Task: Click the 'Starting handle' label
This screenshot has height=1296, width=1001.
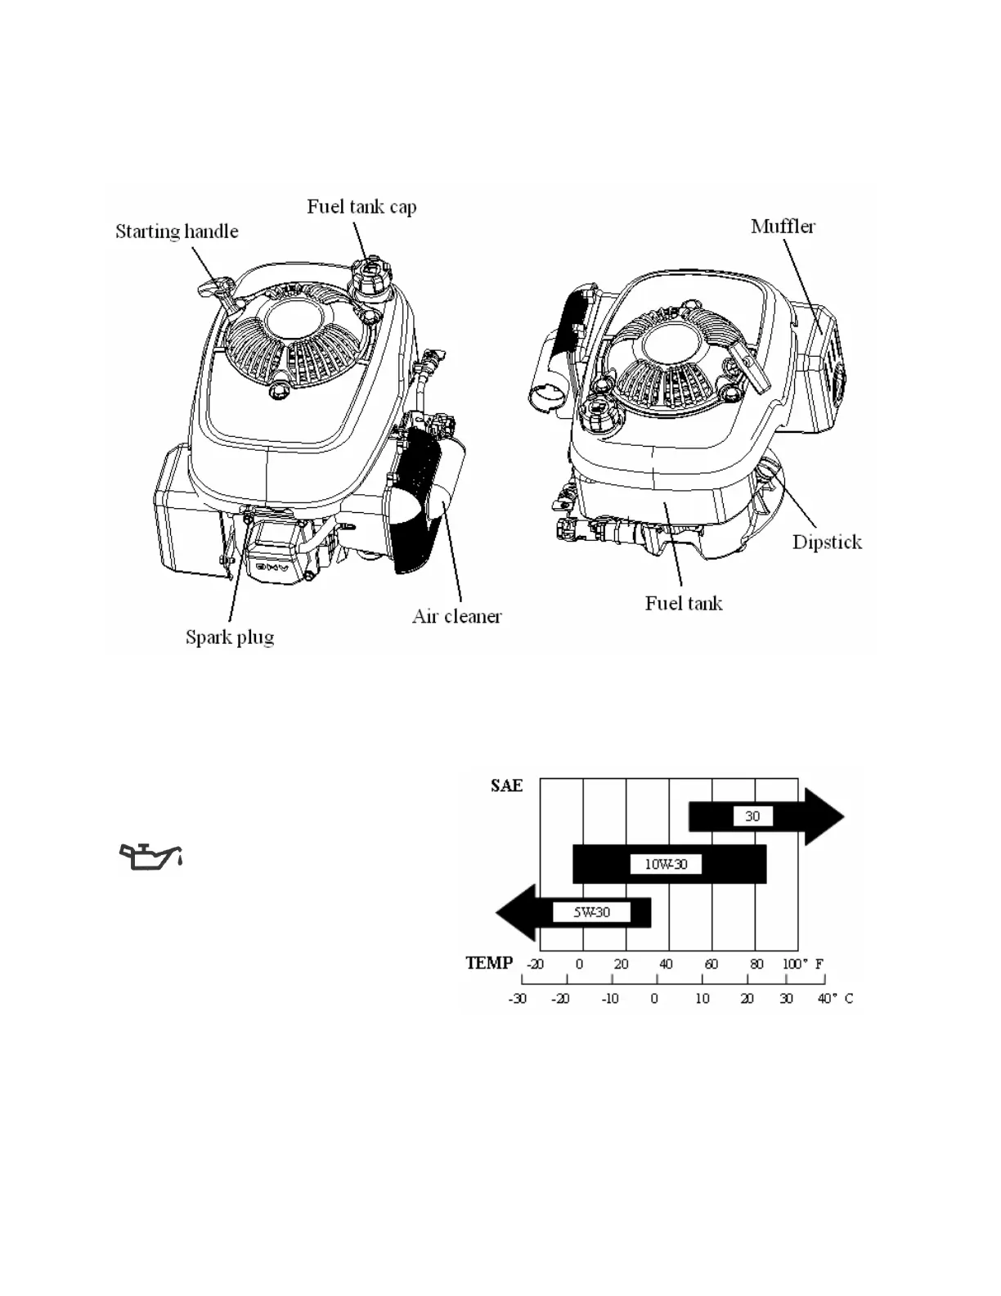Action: [177, 232]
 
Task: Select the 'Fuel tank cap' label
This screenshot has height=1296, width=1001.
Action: [361, 206]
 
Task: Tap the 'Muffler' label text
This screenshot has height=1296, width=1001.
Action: [783, 226]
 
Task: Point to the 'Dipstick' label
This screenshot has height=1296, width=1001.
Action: [827, 542]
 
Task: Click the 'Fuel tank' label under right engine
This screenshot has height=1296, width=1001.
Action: [684, 604]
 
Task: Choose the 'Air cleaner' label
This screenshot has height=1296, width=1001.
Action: [456, 616]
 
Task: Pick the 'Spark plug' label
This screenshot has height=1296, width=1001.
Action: [230, 637]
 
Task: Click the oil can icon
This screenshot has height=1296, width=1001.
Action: [150, 856]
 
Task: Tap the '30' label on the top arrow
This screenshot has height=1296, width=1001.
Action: [752, 816]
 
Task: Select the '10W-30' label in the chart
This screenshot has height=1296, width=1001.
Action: [666, 864]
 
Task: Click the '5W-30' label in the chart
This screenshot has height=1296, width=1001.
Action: [591, 911]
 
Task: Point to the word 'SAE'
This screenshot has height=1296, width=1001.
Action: [506, 785]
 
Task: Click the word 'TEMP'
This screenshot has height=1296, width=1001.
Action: [489, 963]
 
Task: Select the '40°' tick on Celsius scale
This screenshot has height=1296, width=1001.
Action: [828, 998]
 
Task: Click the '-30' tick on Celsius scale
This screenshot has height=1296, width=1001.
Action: [518, 998]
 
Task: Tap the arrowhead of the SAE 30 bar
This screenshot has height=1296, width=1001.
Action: [825, 817]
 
